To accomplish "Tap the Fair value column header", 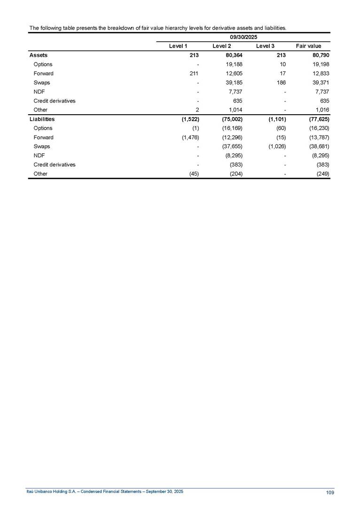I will (309, 46).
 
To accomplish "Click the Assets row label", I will (38, 55).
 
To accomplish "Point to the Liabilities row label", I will (42, 119).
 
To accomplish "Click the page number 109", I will (329, 493).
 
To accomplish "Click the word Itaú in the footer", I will (30, 492).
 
